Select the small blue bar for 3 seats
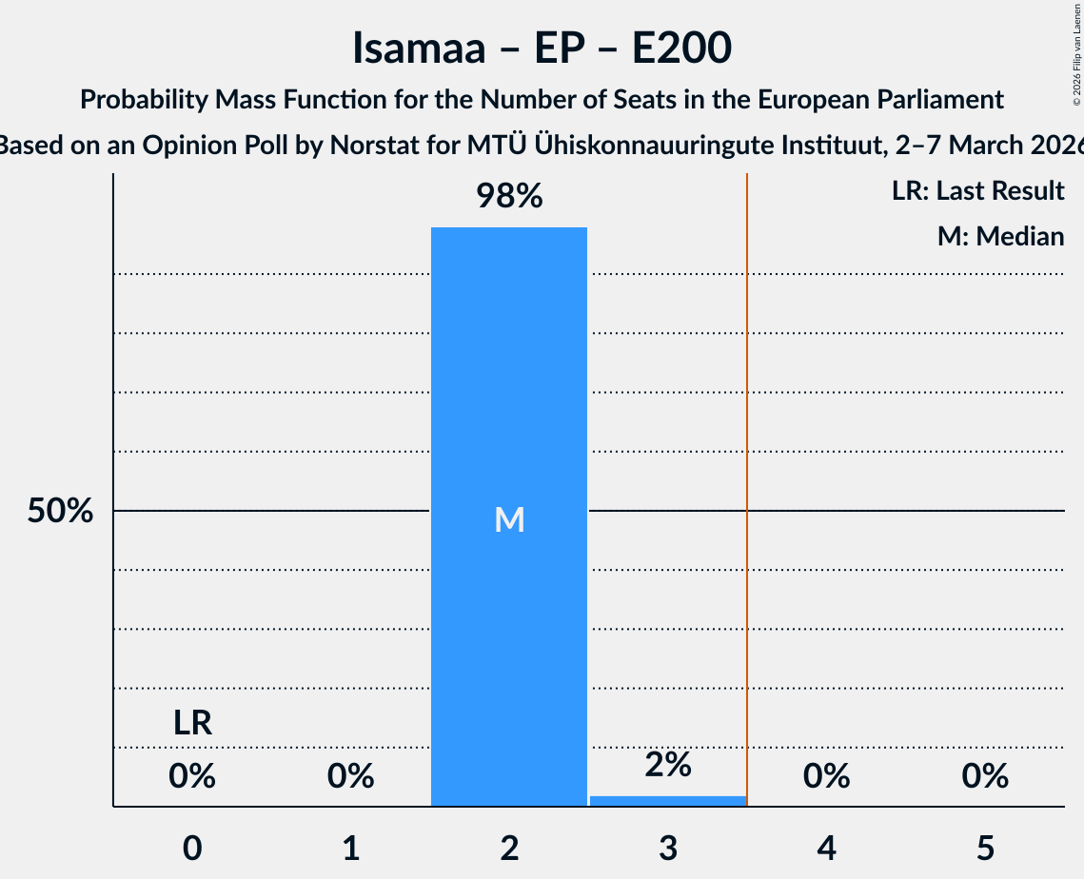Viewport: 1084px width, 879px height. [668, 801]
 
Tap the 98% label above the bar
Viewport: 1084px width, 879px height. [509, 197]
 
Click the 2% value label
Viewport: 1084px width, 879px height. [668, 765]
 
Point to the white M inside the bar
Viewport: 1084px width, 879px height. [509, 519]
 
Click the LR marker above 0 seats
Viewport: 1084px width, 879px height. [192, 724]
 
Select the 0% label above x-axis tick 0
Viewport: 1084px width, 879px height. [192, 776]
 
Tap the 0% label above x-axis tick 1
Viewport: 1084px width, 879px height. [350, 776]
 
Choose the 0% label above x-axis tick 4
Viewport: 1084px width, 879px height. [826, 776]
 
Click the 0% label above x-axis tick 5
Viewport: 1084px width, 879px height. [984, 776]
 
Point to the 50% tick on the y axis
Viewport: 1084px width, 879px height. [60, 511]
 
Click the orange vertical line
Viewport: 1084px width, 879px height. [747, 476]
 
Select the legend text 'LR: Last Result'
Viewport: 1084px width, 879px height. [977, 191]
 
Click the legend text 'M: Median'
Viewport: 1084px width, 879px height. [1000, 236]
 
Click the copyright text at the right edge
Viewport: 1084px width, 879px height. [1076, 48]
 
